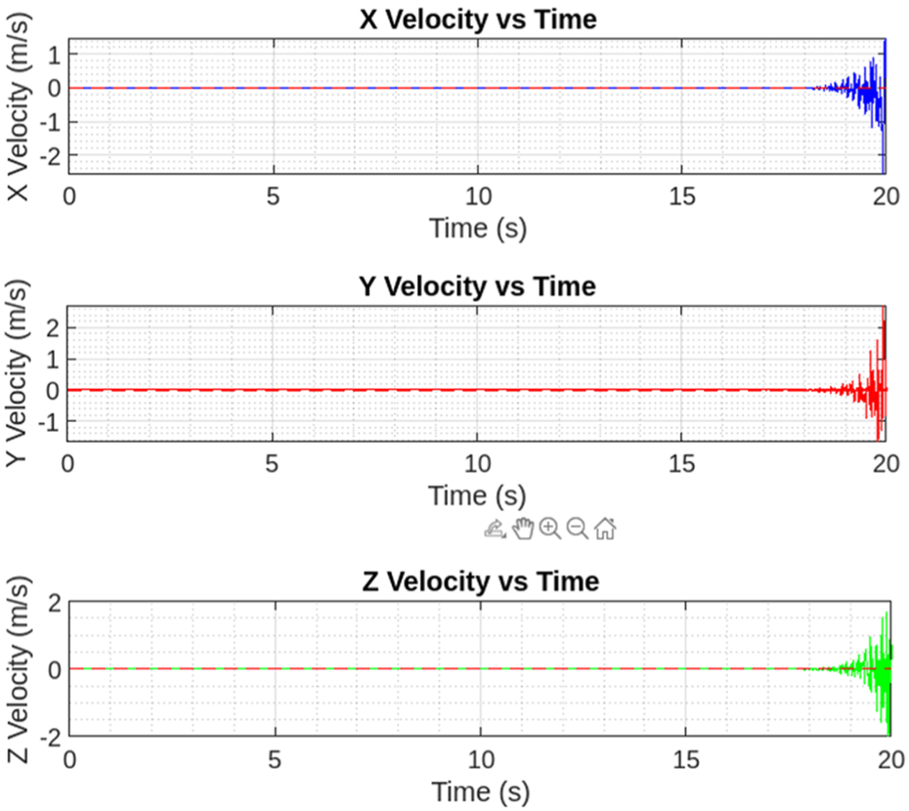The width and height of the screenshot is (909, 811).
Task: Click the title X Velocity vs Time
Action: click(478, 19)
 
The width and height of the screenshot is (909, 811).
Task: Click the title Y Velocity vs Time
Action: click(478, 286)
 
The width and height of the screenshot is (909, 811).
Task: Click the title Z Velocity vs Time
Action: click(480, 581)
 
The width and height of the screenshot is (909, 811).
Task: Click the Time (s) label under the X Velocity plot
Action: click(478, 228)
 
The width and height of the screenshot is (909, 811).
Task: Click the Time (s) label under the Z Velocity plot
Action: click(480, 790)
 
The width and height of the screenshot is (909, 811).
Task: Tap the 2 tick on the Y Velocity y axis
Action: click(51, 327)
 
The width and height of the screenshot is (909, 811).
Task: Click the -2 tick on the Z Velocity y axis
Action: click(47, 736)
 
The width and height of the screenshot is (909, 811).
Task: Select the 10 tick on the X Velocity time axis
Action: click(478, 195)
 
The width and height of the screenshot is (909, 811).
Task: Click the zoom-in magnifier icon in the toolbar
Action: click(550, 529)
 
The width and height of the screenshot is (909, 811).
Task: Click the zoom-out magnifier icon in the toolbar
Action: click(577, 529)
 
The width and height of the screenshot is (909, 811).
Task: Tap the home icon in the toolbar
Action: click(605, 529)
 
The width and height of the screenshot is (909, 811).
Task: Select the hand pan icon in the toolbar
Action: click(523, 529)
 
